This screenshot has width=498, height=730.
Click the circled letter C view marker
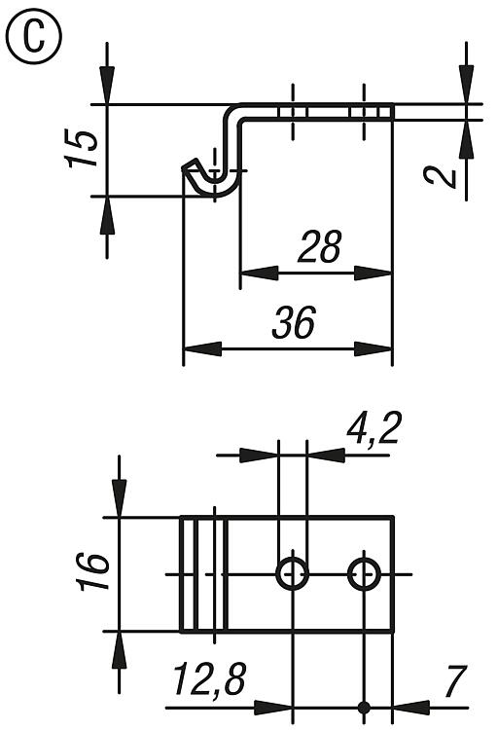pos(33,37)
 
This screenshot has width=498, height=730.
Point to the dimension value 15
pos(82,149)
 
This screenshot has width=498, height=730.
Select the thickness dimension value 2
pos(441,176)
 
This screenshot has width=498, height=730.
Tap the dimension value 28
pos(320,245)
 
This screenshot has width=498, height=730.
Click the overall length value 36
pos(294,322)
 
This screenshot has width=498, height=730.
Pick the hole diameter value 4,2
pos(373,428)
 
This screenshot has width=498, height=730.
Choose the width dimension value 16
pos(94,571)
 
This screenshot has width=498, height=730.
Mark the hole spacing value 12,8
pos(209,679)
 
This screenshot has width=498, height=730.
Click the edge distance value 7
pos(454,681)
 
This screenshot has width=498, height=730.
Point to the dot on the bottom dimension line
pos(364,708)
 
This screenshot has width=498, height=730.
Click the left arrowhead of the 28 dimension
pos(260,274)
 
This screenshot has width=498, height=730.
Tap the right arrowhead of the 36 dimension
pos(373,348)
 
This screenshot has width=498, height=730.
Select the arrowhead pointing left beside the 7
pos(411,708)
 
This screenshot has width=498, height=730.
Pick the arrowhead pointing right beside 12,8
pos(273,708)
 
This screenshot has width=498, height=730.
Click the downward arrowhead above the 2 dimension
pos(466,85)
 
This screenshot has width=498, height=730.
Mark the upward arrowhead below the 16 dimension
pos(120,650)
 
